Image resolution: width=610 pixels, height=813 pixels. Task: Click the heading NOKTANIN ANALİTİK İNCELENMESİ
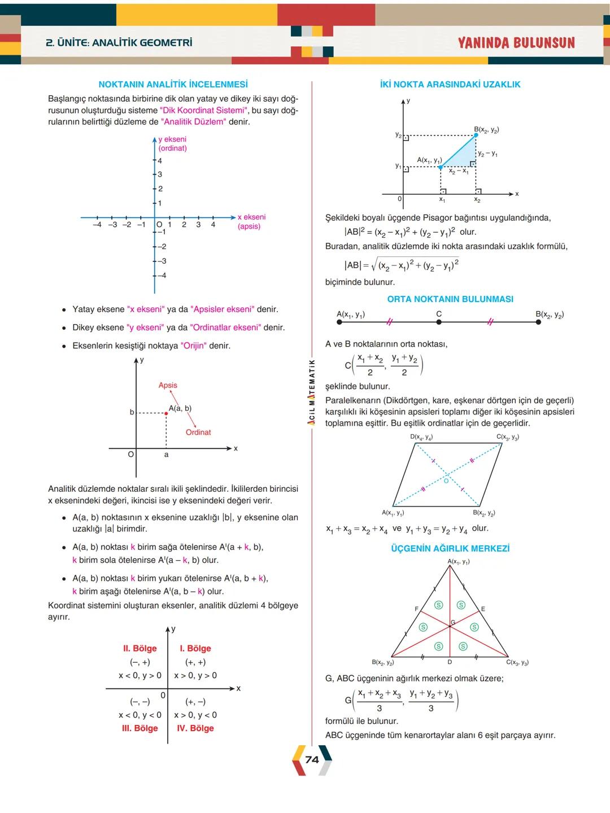pos(173,84)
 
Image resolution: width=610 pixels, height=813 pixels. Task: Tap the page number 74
pos(312,760)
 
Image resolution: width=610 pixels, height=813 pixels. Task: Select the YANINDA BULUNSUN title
pos(516,43)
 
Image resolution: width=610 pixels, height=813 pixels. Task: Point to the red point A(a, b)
pos(166,413)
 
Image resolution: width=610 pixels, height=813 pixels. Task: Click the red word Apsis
pos(168,385)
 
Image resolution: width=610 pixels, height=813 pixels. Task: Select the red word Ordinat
pos(198,432)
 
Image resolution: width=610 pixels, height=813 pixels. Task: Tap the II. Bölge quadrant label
pos(140,648)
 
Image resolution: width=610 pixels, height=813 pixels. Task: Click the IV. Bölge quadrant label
pos(195,728)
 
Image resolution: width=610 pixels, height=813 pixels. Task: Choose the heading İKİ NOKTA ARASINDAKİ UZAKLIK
pos(450,84)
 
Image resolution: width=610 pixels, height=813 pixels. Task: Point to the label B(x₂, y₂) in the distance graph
pos(486,129)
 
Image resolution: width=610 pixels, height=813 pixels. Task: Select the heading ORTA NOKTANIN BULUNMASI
pos(450,299)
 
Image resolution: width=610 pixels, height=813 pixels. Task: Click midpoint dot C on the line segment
pos(439,322)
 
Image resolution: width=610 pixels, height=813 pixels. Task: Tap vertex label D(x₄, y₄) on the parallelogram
pos(421,437)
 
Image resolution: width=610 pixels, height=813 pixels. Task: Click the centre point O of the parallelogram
pos(446,481)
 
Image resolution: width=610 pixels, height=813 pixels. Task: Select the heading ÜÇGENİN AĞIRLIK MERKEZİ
pos(450,548)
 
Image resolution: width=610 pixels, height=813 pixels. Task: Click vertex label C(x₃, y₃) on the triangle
pos(517,662)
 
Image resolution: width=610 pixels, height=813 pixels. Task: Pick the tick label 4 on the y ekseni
pos(160,161)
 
